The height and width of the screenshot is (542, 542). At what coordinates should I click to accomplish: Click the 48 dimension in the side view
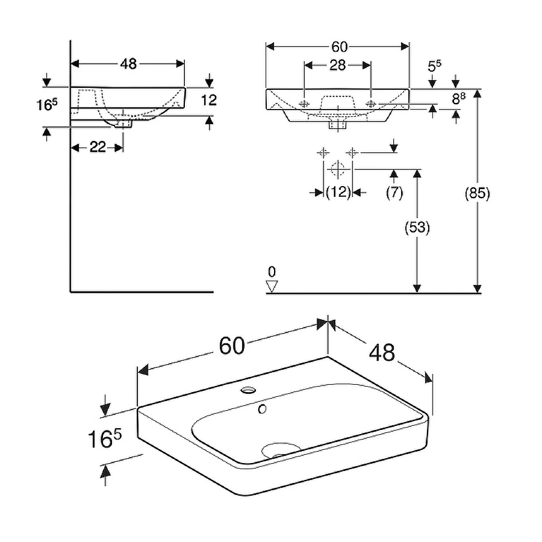(128, 64)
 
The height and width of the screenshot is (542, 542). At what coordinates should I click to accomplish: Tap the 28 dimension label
(337, 65)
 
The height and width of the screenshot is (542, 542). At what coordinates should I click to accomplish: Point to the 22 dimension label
(98, 147)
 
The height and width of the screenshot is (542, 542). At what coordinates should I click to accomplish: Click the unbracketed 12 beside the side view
(208, 99)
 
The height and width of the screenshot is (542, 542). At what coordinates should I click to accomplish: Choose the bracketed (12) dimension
(338, 193)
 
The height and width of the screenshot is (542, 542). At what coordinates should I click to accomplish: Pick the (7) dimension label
(394, 193)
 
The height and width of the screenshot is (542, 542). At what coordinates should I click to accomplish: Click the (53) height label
(416, 228)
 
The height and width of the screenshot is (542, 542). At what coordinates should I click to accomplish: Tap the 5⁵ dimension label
(434, 66)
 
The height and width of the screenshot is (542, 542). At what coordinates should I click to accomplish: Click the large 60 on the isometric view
(232, 346)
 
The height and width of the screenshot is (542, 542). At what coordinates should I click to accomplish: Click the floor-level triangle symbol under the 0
(272, 287)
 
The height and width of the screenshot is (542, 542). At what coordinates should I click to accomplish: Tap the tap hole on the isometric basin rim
(248, 390)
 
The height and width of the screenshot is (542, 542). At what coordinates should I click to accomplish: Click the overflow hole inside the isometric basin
(262, 410)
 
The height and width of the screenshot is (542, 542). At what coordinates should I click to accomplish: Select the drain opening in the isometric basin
(281, 449)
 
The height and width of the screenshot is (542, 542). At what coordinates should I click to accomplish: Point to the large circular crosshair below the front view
(338, 169)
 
